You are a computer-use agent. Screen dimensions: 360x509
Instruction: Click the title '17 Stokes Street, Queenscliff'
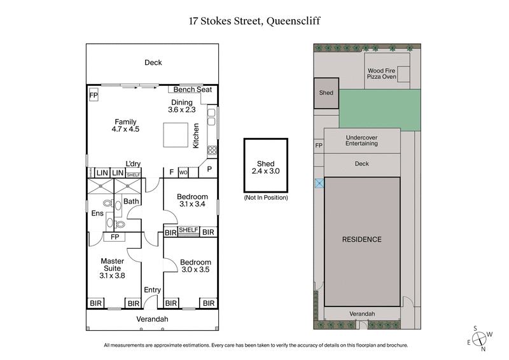click(254, 20)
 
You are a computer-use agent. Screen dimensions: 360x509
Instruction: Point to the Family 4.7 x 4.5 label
click(126, 125)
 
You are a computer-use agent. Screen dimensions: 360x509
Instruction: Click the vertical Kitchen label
click(196, 135)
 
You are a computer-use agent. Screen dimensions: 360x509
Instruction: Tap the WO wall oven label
click(183, 172)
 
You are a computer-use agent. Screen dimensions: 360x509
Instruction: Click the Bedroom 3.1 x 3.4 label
click(192, 200)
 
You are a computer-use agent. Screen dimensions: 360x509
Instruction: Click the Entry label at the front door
click(152, 290)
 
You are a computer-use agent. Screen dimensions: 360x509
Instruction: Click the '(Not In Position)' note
click(266, 198)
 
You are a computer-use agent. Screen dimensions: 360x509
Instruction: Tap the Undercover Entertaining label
click(361, 140)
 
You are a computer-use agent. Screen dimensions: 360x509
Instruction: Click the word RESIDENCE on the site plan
click(361, 240)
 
